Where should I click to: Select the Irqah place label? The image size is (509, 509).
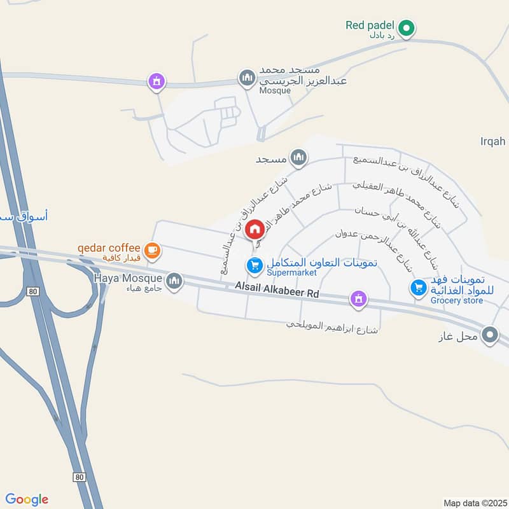[494, 141]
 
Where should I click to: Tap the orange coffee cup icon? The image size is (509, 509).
[151, 250]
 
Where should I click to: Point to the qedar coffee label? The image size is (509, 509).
[109, 248]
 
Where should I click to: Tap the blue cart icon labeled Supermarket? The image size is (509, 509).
[254, 265]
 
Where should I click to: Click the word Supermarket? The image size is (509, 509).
[291, 273]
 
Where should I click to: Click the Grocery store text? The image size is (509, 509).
[456, 300]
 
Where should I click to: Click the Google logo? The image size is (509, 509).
[27, 499]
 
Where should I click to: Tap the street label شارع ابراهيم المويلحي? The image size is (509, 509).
[333, 326]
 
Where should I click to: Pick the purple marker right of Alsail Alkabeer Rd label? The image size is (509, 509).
[358, 298]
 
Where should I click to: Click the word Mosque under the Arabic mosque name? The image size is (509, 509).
[275, 91]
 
